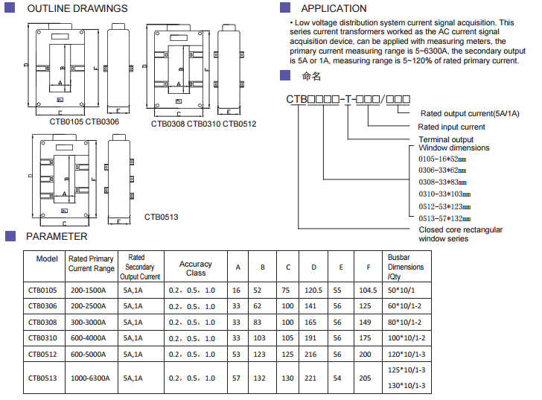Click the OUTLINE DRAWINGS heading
coord(77,9)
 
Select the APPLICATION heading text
coord(334,9)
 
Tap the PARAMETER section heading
coord(57,237)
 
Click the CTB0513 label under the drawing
coord(161,218)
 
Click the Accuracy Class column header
coord(196,268)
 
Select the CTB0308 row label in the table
coord(42,322)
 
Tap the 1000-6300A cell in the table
coord(91,378)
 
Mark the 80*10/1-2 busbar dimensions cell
coord(406,322)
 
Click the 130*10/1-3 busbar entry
coord(407,385)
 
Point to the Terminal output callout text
coord(446,139)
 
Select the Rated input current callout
coord(452,127)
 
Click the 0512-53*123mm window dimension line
coord(442,206)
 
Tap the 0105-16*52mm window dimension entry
coord(442,159)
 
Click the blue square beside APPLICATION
coord(284,8)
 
